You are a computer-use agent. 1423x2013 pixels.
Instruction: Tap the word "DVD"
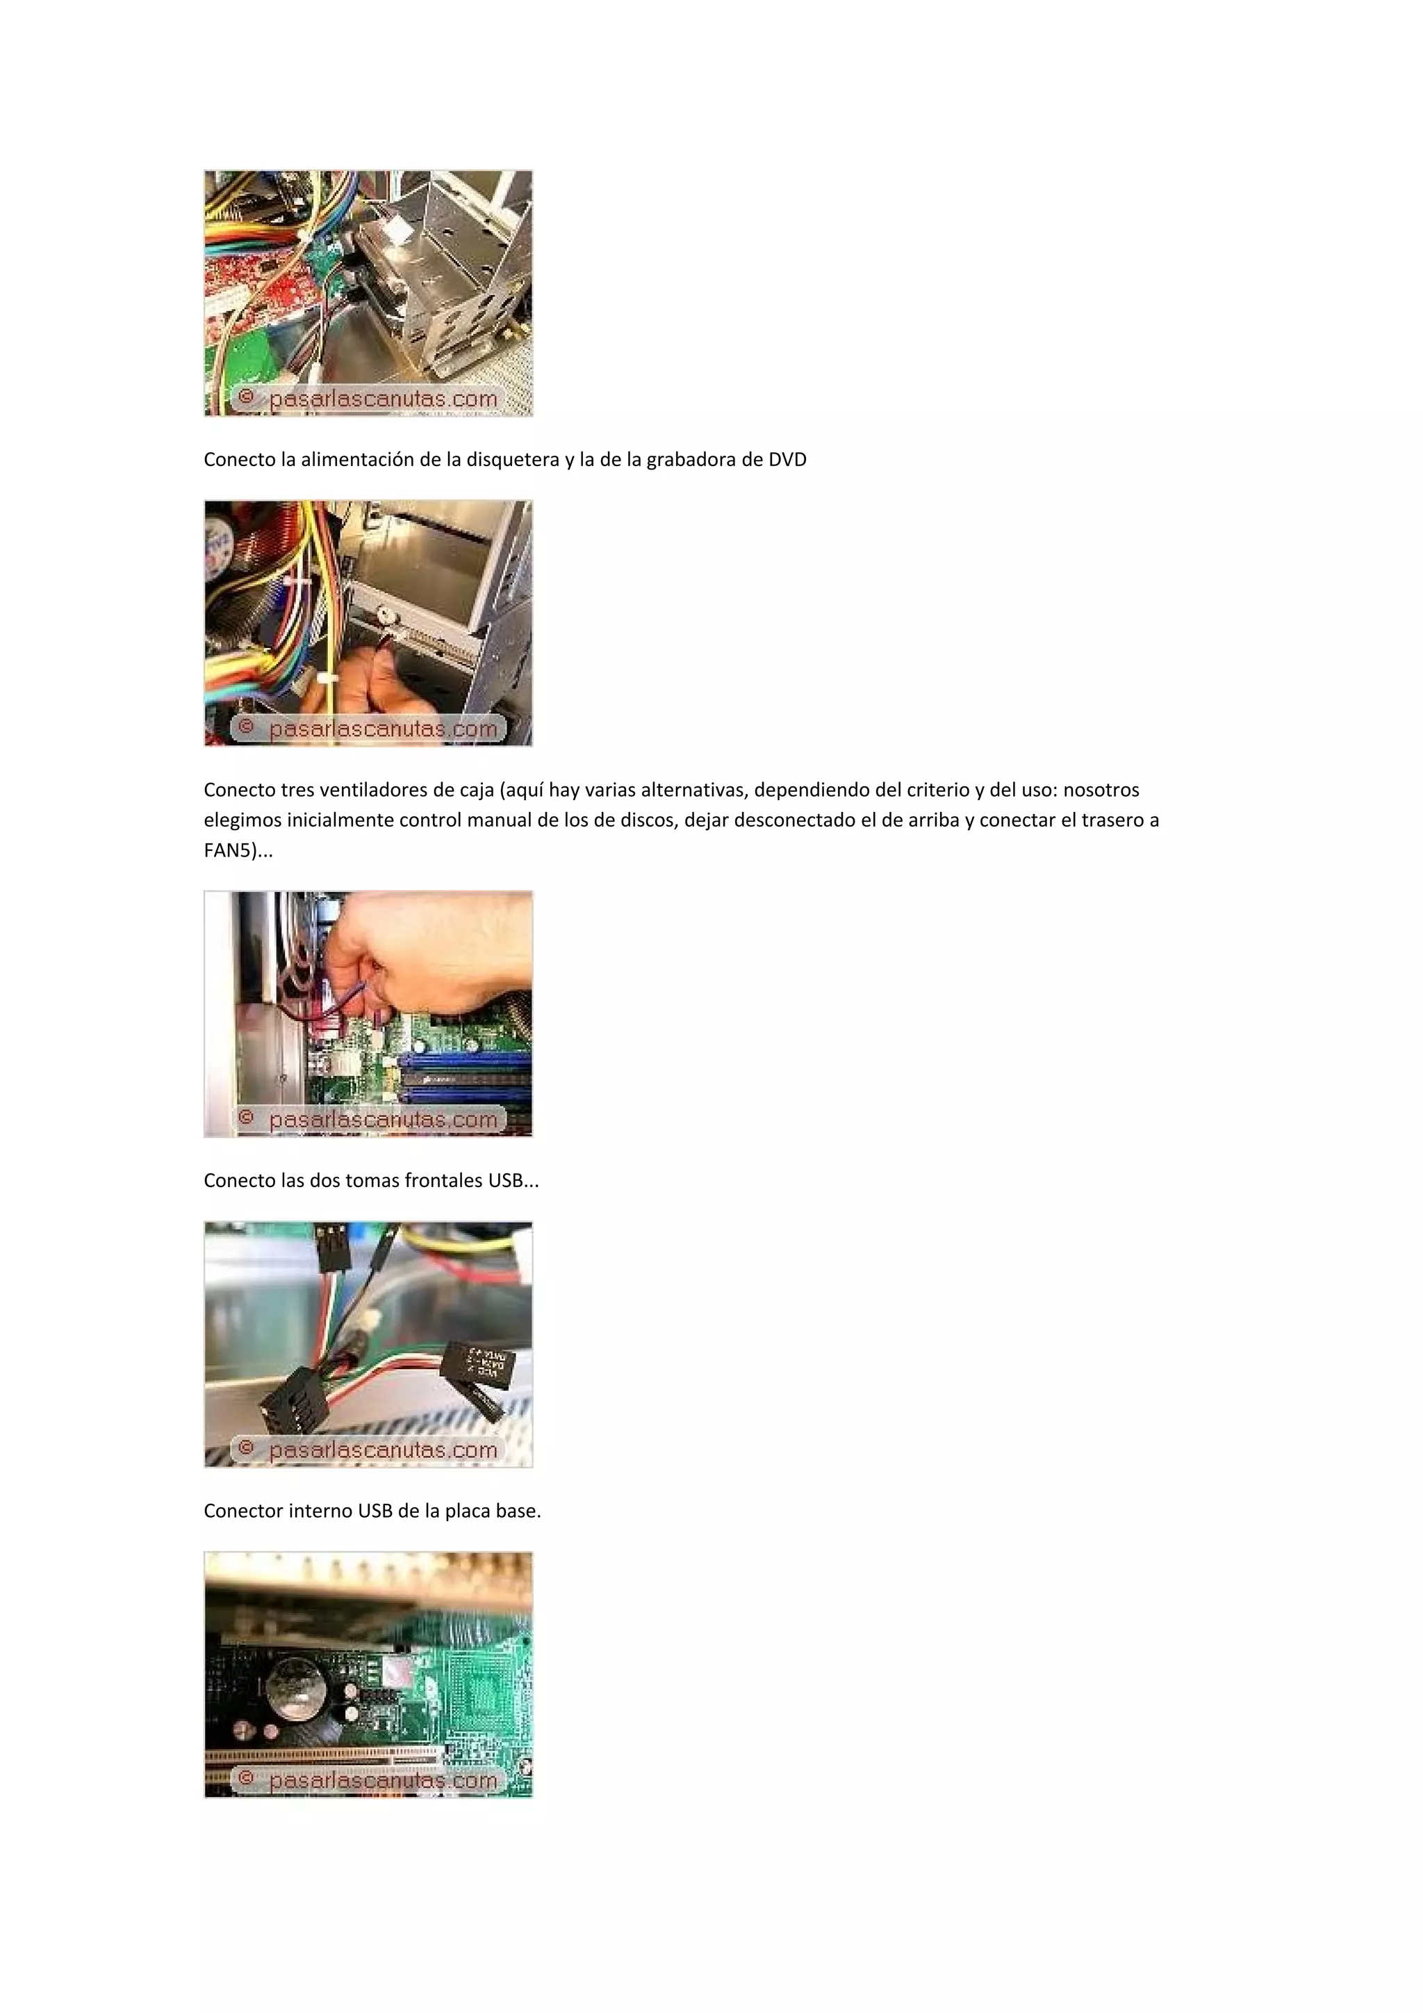pos(787,459)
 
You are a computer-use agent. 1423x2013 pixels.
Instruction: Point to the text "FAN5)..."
pos(238,850)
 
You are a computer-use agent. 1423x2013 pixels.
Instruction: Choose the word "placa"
pos(468,1511)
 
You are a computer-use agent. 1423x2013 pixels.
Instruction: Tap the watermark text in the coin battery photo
pos(383,1781)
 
